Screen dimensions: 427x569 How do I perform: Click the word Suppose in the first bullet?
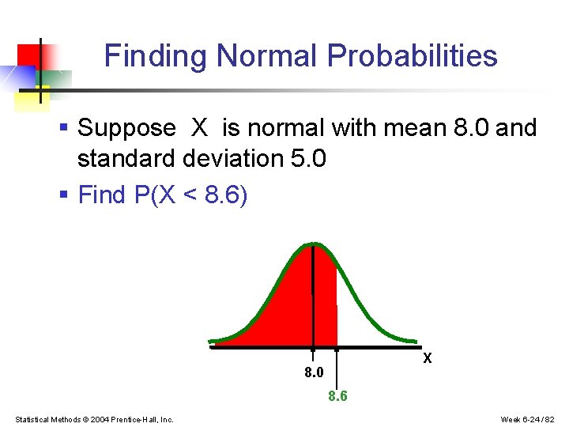tap(126, 128)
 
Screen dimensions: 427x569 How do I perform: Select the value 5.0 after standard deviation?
tap(308, 159)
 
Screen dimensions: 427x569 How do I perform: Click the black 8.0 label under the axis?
tap(314, 372)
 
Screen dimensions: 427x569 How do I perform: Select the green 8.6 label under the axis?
tap(337, 396)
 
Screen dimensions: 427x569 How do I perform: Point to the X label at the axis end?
tap(428, 358)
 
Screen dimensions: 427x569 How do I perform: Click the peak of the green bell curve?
tap(314, 244)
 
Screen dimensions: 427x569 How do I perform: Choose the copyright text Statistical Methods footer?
tap(94, 419)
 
